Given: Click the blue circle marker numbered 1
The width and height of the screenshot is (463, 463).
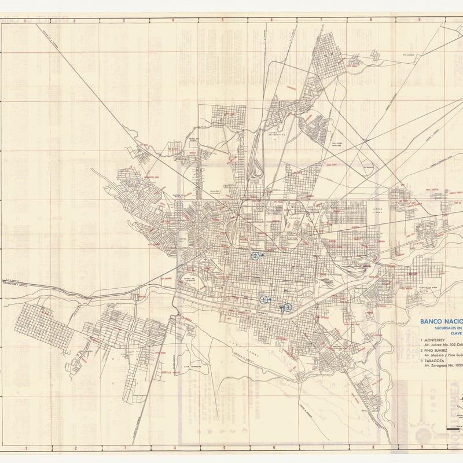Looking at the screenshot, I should point(264,299).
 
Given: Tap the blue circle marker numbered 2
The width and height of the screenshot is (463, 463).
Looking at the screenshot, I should point(254,255).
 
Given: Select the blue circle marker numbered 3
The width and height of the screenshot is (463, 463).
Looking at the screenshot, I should point(287,307).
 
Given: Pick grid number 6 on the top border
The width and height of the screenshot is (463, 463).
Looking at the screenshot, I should point(271,20).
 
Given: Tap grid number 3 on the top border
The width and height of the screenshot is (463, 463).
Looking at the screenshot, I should point(123,20).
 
